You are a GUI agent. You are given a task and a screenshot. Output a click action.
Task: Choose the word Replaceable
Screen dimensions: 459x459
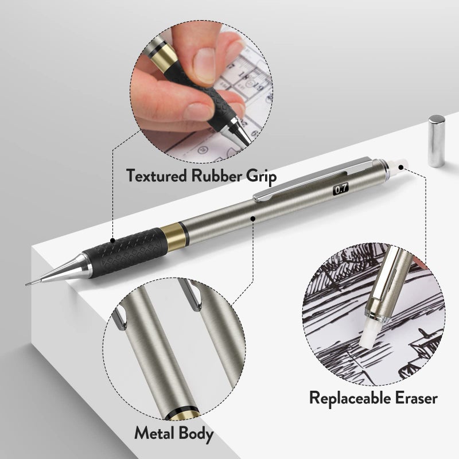coord(350,397)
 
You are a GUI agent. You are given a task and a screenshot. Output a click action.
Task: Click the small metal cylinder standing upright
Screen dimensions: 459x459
coord(436,141)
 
